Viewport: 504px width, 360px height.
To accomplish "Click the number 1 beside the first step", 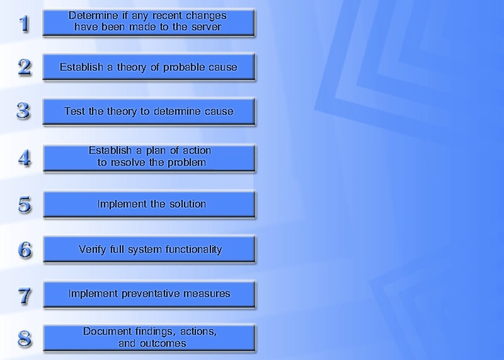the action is [24, 24].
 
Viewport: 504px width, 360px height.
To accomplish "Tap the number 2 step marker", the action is [25, 67].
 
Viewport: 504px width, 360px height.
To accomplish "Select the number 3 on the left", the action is [24, 111].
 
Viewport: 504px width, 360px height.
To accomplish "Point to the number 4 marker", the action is [25, 158].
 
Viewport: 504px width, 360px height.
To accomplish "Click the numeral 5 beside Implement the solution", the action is [25, 204].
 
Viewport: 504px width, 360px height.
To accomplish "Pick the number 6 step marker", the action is [25, 250].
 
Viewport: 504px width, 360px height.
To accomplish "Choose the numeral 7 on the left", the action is [25, 296].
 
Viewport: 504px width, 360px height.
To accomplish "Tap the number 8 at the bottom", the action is [25, 339].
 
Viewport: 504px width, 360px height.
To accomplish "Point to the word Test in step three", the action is [75, 112].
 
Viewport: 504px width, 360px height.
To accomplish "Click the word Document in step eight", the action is [107, 332].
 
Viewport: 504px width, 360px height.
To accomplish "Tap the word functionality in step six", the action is [193, 250].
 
